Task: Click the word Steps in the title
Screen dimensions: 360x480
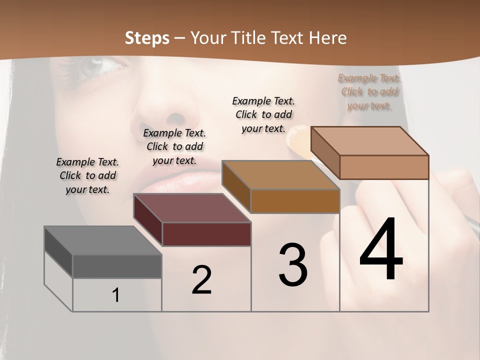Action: [147, 38]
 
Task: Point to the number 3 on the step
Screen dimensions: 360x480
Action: [292, 265]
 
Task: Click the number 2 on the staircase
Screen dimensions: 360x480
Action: [201, 280]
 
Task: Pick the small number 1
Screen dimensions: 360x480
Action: [116, 295]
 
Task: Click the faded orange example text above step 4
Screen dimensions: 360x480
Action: [369, 91]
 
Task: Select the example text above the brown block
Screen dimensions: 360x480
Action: [263, 114]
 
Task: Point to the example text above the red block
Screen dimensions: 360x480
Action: [174, 146]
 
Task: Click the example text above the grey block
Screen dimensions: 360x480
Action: [87, 175]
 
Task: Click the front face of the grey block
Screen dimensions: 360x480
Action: [117, 266]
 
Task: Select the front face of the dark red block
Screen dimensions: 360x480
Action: [206, 234]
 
